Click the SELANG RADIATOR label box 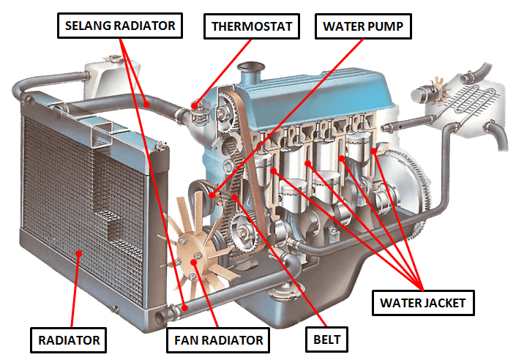pos(120,27)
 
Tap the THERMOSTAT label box pos(252,28)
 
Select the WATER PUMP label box pos(364,28)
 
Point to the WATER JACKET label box pos(423,301)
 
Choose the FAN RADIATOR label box pos(218,340)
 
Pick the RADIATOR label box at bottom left pos(70,340)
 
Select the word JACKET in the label pos(444,301)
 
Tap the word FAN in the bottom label pos(187,340)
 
